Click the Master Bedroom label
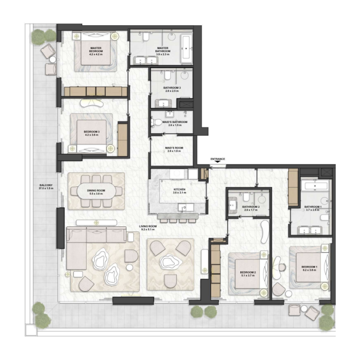tap(96, 50)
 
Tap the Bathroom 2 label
tap(250, 208)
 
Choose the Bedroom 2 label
tap(247, 274)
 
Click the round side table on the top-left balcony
tap(53, 59)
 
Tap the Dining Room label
tap(96, 192)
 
